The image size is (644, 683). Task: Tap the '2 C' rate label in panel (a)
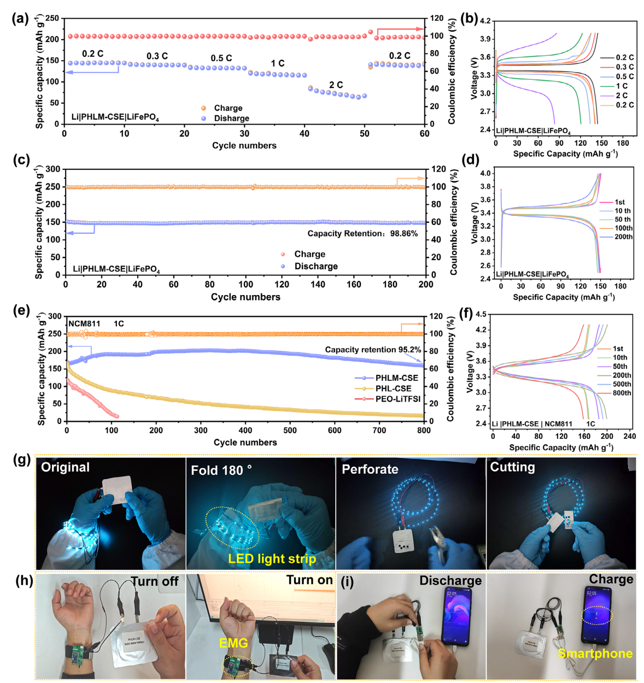336,85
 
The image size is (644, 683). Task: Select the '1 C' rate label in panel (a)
277,63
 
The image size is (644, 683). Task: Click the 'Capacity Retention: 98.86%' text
362,233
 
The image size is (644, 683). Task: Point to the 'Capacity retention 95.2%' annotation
373,350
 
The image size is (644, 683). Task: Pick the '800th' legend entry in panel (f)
622,393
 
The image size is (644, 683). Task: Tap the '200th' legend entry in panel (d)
623,237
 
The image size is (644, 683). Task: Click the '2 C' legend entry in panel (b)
622,95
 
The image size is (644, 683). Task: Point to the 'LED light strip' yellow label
272,558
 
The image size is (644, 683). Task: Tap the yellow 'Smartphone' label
595,653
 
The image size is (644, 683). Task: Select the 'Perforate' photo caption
370,469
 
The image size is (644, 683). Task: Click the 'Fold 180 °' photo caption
221,470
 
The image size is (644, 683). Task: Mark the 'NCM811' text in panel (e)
84,323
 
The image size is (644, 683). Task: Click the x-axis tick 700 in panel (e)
379,430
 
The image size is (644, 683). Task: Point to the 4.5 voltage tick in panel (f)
481,314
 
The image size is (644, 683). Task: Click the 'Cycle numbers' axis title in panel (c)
245,297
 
